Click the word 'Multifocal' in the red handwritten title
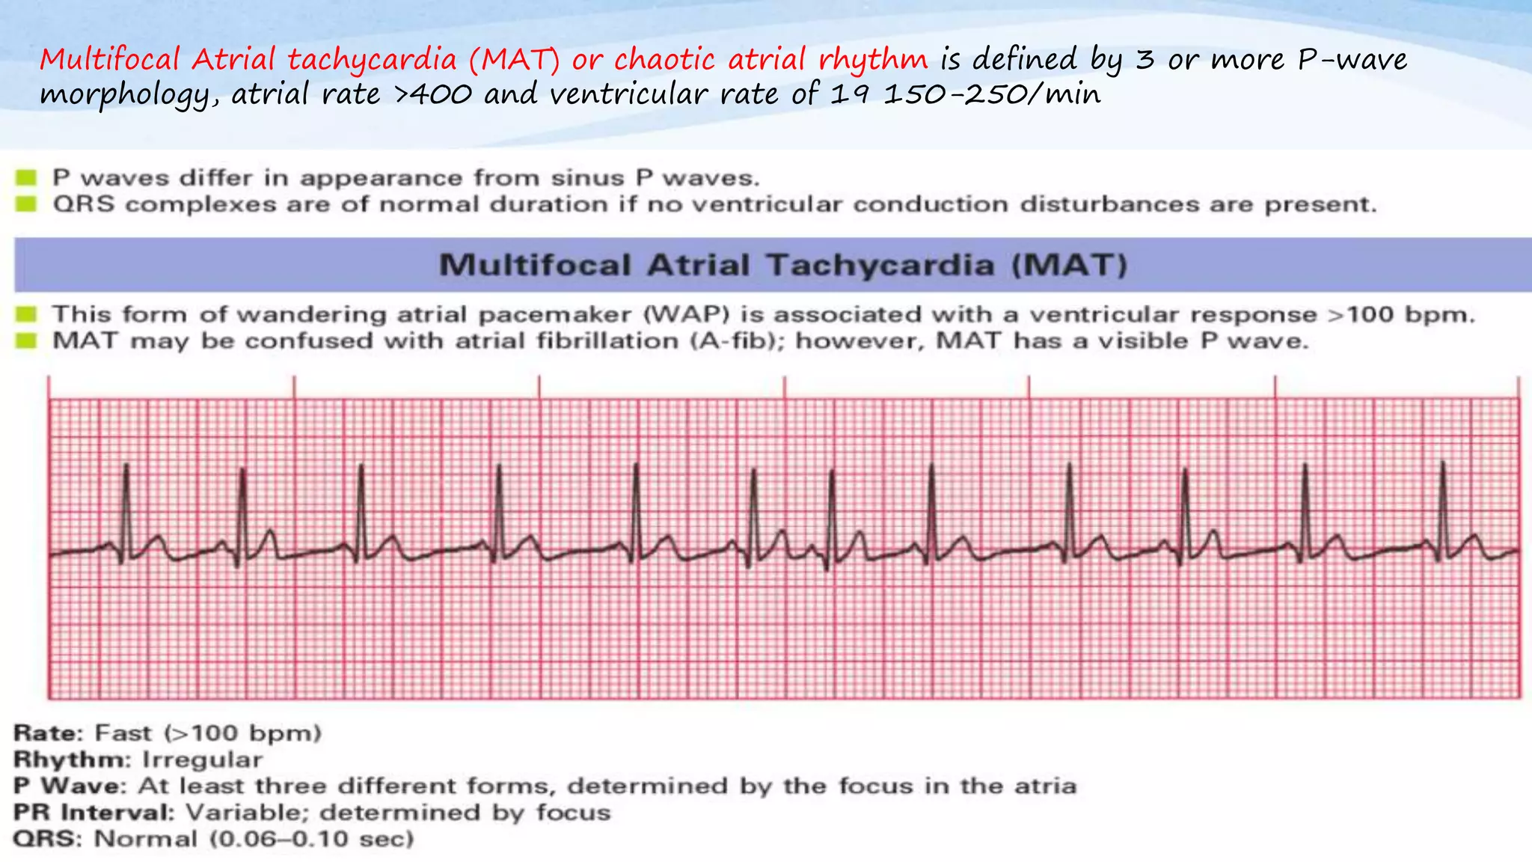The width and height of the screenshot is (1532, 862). [x=110, y=59]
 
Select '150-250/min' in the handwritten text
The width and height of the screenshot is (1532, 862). [x=992, y=94]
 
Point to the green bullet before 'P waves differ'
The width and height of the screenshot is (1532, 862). [x=27, y=177]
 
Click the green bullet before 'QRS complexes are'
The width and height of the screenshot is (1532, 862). [x=27, y=204]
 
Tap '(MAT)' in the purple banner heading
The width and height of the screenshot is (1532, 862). [x=1069, y=265]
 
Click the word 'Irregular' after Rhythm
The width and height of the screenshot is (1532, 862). [x=202, y=759]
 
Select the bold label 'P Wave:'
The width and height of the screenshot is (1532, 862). [x=70, y=786]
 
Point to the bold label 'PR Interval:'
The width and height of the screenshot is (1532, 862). [x=94, y=813]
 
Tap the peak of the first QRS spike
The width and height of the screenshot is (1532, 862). [x=126, y=465]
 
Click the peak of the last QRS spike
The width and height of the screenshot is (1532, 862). [x=1443, y=462]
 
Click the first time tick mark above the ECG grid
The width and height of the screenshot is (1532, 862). [x=49, y=386]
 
